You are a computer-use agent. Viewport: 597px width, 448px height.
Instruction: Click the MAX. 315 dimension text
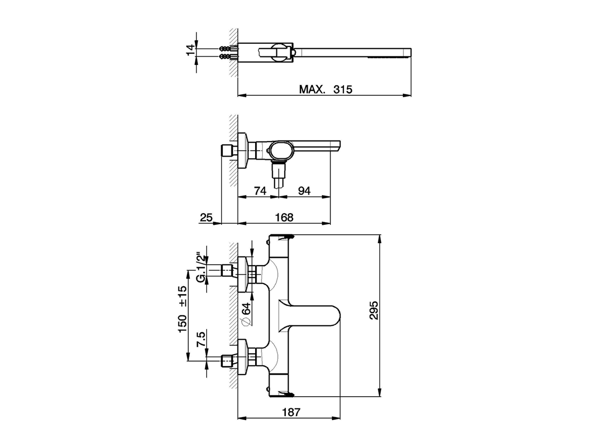click(326, 89)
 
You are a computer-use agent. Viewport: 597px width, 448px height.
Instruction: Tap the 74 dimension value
click(260, 191)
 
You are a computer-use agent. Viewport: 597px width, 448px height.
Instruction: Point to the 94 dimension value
click(304, 191)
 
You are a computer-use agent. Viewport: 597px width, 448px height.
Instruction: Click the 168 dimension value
click(284, 217)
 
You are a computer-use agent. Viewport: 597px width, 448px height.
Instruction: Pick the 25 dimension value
click(206, 217)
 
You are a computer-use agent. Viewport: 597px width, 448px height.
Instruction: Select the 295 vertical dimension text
click(374, 310)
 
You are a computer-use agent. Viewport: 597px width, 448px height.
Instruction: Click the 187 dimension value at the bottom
click(291, 412)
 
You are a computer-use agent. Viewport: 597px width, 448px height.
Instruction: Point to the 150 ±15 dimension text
click(182, 309)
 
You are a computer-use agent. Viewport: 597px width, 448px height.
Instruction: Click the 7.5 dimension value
click(201, 339)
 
